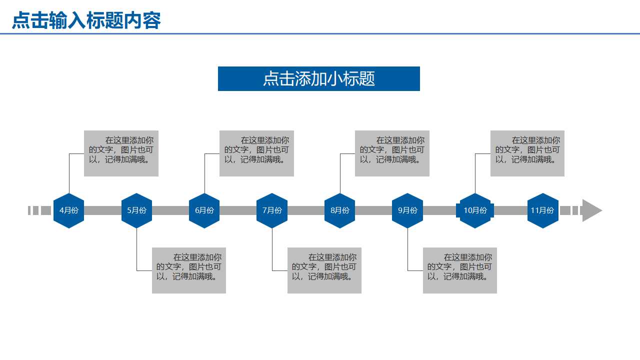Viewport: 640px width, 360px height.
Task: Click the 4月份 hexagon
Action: tap(69, 210)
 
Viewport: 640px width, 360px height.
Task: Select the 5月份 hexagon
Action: tap(136, 210)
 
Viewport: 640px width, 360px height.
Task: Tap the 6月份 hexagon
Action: tap(204, 210)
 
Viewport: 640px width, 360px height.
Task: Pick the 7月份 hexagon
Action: tap(272, 210)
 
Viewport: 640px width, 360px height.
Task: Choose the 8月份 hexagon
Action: tap(339, 210)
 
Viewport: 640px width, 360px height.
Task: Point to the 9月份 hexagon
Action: tap(407, 210)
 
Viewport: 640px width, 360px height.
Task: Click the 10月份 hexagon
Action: tap(475, 210)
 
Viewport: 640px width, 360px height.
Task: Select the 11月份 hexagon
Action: tap(542, 210)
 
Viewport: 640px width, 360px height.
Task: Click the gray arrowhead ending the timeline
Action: tap(591, 210)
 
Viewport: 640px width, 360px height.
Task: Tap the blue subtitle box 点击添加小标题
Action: tap(319, 79)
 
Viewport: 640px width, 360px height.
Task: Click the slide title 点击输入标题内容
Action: tap(86, 21)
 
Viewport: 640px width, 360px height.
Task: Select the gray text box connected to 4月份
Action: tap(121, 153)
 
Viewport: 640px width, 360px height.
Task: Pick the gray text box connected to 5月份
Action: tap(189, 270)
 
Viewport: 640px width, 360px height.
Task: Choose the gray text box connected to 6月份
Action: tap(256, 153)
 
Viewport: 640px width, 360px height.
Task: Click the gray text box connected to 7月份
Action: tap(324, 270)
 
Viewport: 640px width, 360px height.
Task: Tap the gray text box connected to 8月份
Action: tap(392, 153)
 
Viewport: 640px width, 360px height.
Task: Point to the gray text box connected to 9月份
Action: tap(460, 270)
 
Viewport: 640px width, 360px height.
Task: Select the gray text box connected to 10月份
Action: tap(527, 153)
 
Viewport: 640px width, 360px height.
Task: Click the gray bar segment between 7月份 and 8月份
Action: tap(306, 210)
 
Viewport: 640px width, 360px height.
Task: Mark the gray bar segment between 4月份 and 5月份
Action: tap(102, 210)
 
